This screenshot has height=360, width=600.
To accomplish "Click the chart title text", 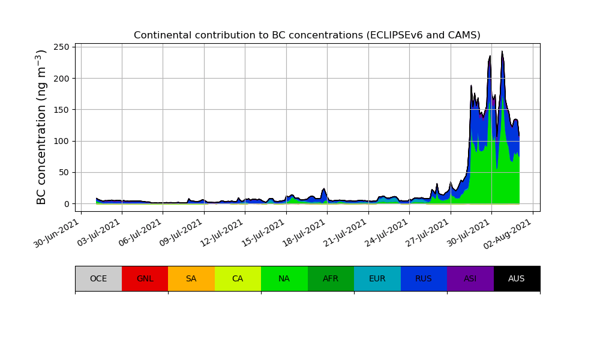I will pos(307,35).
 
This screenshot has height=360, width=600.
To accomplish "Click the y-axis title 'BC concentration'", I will pos(41,127).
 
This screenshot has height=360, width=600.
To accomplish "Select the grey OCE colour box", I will pos(98,278).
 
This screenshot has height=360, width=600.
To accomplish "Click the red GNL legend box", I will pos(145,278).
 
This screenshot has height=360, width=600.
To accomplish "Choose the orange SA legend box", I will pos(191,278).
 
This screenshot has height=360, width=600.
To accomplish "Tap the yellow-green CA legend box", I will pos(238,278).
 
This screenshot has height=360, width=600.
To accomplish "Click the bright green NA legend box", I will pos(284,278).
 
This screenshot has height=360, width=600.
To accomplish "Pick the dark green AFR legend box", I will pos(331,278).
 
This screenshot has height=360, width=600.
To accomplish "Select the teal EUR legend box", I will pos(377,278).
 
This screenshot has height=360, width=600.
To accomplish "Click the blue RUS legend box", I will pos(424,278).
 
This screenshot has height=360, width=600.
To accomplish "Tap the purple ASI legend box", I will pos(470,278).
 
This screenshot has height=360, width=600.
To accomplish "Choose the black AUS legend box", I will pos(517,278).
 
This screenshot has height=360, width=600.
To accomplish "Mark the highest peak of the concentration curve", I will pos(502,51).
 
